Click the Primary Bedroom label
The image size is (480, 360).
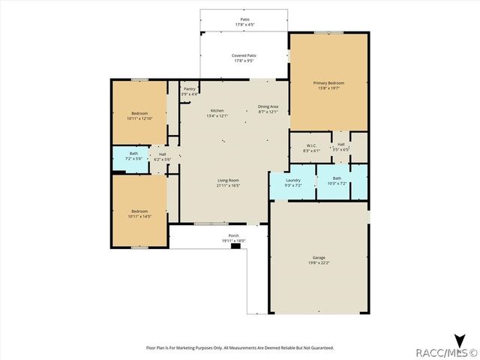coord(329,82)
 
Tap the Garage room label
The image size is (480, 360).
coord(319,257)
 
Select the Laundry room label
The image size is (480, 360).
coord(293,180)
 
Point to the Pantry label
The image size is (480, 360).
coord(190,89)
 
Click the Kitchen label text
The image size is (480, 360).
coord(217,110)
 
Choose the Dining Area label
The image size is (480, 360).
coord(268,106)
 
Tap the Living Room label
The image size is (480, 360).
coord(228,181)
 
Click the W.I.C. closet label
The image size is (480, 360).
coord(313,145)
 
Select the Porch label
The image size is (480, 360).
coord(233,235)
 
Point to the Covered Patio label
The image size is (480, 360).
coord(243,55)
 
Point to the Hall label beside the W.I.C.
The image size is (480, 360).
coord(340,144)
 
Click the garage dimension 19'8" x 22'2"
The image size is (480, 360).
coord(319,262)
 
